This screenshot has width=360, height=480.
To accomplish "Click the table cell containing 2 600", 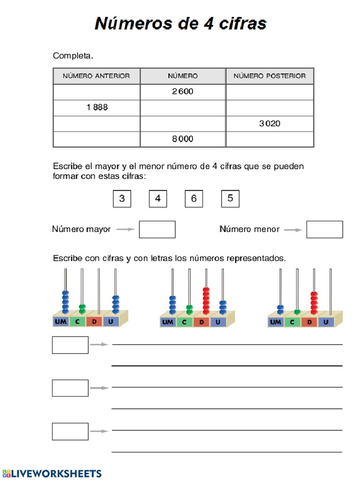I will click(x=183, y=91).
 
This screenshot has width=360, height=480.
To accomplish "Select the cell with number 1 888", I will click(x=97, y=107).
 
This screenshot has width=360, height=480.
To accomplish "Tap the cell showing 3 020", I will click(x=270, y=124).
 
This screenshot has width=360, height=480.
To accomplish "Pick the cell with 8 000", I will click(x=183, y=139).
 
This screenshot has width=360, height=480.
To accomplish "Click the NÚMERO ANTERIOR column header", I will click(x=97, y=76).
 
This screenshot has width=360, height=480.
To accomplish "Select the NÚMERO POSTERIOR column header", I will click(x=270, y=76).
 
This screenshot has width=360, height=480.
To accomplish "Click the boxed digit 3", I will click(x=122, y=199).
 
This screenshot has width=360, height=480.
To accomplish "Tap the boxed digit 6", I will click(x=194, y=199).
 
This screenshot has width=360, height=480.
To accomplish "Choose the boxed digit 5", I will click(x=230, y=199).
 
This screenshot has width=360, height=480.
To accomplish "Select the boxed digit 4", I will click(x=158, y=199).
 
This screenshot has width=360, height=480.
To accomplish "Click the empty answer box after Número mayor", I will click(x=157, y=229).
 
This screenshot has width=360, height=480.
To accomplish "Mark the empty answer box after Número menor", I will click(x=324, y=229).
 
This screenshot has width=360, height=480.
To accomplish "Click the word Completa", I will click(x=73, y=56).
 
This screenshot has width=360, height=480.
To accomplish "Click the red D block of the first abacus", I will click(x=94, y=322).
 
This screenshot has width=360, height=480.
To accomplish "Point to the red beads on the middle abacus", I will click(x=206, y=300).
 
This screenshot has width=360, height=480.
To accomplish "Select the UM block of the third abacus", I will click(x=276, y=322).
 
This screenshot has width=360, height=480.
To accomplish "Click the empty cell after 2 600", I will click(x=270, y=91).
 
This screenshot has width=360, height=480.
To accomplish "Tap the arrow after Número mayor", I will click(x=125, y=229).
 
